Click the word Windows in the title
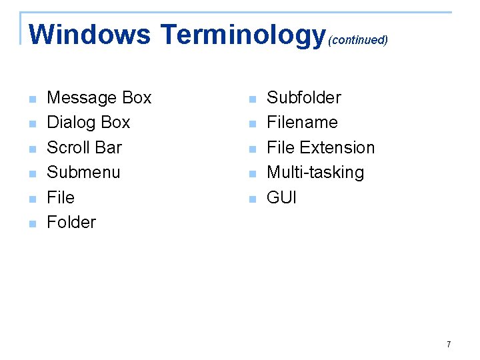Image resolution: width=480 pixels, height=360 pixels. pos(90,35)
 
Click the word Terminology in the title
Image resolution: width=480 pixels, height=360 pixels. pos(243,35)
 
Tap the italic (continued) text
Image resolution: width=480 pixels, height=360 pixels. pos(358,40)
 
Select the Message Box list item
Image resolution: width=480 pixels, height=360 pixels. pos(99,98)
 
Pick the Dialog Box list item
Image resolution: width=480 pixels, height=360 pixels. pos(89,123)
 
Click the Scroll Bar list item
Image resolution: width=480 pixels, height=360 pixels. pos(84,147)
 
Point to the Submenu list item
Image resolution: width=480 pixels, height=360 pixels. pos(83,173)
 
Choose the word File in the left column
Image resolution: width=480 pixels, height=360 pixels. pos(61,197)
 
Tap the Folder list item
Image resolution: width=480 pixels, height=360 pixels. pos(71,222)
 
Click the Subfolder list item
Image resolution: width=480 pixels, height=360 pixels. pos(303,98)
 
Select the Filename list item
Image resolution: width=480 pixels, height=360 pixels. pos(302,123)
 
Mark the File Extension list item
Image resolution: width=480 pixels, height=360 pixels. pos(321,147)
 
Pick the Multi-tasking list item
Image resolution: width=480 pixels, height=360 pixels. pos(315,173)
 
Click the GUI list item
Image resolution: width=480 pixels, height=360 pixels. pos(281,197)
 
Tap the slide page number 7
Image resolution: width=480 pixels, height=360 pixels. pos(449,345)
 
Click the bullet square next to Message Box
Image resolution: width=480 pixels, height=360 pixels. pos(31,100)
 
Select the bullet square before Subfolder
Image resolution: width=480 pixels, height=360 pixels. pos(251,100)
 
